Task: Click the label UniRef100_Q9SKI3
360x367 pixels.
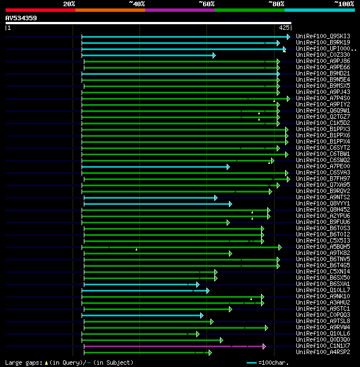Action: [322, 37]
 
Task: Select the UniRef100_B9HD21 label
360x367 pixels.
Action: [322, 73]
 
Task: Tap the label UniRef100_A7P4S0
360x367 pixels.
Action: [322, 98]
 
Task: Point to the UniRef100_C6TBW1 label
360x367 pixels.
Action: [322, 154]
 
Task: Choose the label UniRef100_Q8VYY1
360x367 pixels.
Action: [322, 203]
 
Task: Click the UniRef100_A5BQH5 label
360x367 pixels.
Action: [322, 247]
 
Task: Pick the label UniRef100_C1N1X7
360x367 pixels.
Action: [322, 346]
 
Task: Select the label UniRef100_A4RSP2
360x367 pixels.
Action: [322, 352]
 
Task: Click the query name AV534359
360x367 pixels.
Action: [21, 18]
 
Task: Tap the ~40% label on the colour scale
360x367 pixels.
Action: [137, 4]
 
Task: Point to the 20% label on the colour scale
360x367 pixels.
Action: [69, 4]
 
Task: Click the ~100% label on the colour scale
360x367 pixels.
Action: [344, 4]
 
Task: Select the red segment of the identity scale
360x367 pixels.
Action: [40, 10]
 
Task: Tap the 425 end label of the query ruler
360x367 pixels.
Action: [284, 27]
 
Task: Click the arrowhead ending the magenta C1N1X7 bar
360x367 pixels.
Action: [264, 346]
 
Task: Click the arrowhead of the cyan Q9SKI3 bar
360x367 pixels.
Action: [288, 37]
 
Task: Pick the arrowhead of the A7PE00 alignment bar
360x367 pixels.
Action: [228, 167]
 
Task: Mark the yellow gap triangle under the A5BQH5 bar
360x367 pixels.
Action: [136, 249]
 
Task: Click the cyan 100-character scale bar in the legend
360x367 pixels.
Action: [251, 363]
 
